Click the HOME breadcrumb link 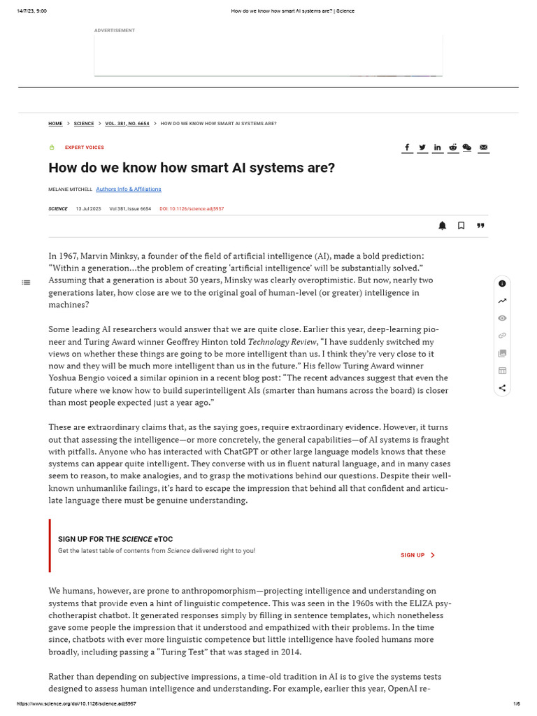(x=55, y=124)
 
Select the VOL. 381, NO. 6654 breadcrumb (x=127, y=124)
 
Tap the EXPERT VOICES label (x=84, y=148)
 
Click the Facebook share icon (x=407, y=148)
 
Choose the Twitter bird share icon (x=422, y=148)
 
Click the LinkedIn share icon (x=438, y=148)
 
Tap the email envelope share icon (x=483, y=148)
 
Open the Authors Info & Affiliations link (x=128, y=189)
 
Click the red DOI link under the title (x=192, y=209)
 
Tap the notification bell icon (x=442, y=225)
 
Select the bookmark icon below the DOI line (x=461, y=225)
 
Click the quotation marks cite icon (x=480, y=225)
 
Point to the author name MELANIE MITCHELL (x=70, y=189)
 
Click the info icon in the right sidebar (x=502, y=283)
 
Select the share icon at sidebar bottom (x=502, y=388)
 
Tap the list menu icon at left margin (x=26, y=282)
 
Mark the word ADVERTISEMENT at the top (x=115, y=31)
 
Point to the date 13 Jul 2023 (x=89, y=209)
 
